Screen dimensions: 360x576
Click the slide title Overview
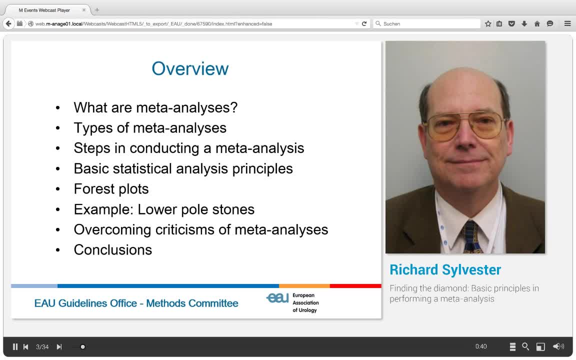click(190, 69)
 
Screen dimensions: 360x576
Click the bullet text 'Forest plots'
click(111, 189)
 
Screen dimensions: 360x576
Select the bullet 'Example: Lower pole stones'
click(164, 209)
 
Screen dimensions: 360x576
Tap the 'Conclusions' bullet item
click(112, 250)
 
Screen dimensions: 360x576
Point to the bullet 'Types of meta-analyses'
click(150, 128)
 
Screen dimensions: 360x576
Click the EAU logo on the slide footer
click(277, 298)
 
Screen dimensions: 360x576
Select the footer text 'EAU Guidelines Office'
click(85, 303)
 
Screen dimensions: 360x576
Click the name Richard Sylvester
click(445, 270)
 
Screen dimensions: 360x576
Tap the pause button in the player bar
click(15, 346)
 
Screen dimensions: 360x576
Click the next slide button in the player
click(59, 346)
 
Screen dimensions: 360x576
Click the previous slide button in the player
click(26, 346)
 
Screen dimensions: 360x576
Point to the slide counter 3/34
click(42, 346)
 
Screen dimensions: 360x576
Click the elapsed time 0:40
click(481, 346)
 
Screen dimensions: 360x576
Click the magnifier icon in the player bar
click(525, 346)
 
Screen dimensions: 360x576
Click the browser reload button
click(364, 23)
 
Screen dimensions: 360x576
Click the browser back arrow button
click(8, 23)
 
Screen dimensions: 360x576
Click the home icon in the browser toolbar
click(537, 23)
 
